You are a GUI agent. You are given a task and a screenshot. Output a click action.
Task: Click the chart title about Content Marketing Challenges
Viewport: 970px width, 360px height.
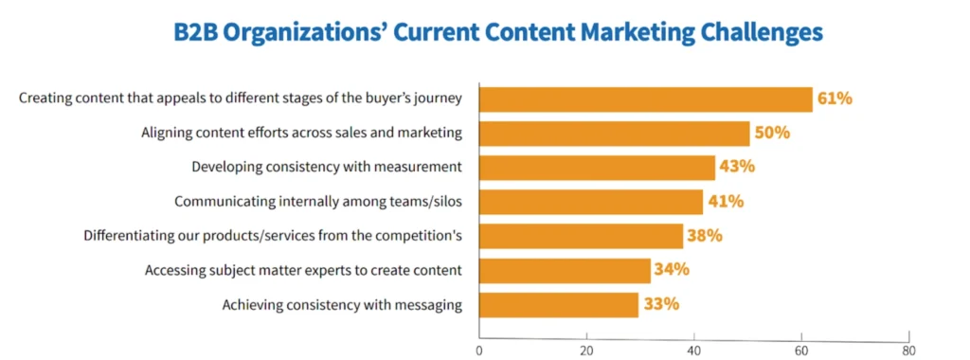tap(497, 32)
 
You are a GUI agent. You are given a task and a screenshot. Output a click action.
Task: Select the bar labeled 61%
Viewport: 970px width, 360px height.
tap(645, 99)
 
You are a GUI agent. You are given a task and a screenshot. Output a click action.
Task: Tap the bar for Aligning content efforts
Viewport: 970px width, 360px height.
tap(614, 133)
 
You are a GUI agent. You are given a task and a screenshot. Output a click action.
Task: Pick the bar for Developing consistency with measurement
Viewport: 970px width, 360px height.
tap(597, 167)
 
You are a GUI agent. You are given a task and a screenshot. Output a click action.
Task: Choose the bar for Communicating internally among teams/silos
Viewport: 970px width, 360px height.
tap(591, 201)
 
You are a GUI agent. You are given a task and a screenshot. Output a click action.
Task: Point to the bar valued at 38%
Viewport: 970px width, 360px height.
tap(581, 235)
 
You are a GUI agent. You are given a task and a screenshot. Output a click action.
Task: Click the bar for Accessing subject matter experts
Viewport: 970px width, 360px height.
tap(565, 270)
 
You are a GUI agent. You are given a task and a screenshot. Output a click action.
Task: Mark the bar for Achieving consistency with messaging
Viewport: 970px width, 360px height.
tap(559, 304)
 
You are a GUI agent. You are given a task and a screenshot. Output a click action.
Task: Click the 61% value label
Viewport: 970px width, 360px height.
tap(835, 99)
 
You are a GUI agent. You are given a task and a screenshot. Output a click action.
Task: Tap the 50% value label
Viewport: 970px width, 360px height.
tap(772, 133)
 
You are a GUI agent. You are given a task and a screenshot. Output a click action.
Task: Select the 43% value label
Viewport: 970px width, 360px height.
tap(736, 167)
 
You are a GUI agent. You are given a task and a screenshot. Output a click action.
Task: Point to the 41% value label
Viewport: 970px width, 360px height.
tap(725, 201)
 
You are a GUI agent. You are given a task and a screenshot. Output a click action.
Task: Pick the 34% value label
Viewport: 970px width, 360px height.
tap(671, 269)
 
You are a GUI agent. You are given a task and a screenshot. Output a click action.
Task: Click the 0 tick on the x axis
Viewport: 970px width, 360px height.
tap(479, 350)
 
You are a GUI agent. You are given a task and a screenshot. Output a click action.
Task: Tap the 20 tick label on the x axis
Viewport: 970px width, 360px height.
tap(586, 350)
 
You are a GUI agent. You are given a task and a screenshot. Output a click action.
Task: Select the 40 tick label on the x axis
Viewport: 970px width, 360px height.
tap(694, 350)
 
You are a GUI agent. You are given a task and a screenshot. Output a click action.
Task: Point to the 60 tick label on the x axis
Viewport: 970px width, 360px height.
tap(801, 350)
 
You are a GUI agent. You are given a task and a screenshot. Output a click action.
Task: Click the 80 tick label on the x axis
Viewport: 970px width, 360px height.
tap(909, 350)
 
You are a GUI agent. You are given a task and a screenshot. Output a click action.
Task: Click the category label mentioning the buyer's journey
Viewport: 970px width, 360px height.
tap(241, 99)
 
